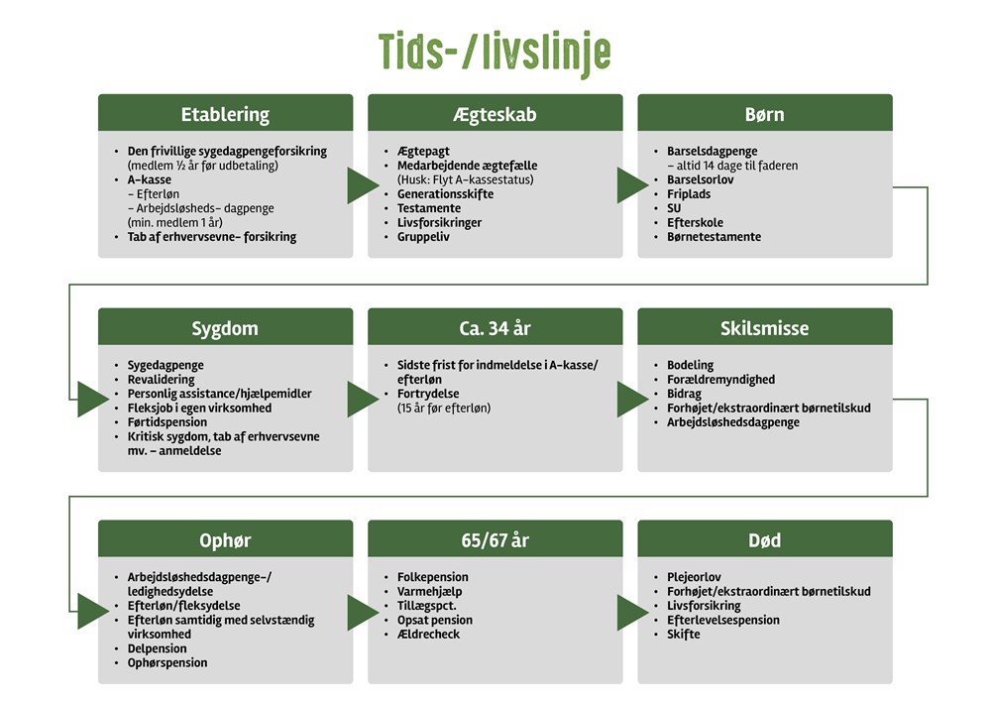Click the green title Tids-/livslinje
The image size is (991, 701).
click(495, 52)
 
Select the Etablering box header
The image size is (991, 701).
click(225, 114)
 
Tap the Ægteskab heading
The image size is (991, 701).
click(495, 114)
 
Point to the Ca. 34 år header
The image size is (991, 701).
click(495, 327)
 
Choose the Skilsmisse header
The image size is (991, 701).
click(764, 327)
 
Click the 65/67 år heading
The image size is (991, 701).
click(495, 540)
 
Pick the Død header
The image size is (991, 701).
click(764, 540)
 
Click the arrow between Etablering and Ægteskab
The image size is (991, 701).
click(361, 185)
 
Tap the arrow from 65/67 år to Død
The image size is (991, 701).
click(630, 612)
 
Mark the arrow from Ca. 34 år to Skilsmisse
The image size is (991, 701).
click(630, 399)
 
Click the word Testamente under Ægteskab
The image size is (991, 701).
click(429, 208)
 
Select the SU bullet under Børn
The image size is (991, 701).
click(675, 208)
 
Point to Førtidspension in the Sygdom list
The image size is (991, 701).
click(167, 422)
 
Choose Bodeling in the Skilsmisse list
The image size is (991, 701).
click(690, 365)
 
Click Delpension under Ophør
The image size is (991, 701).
click(157, 648)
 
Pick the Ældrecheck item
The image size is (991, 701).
click(428, 635)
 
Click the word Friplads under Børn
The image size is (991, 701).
click(689, 194)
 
